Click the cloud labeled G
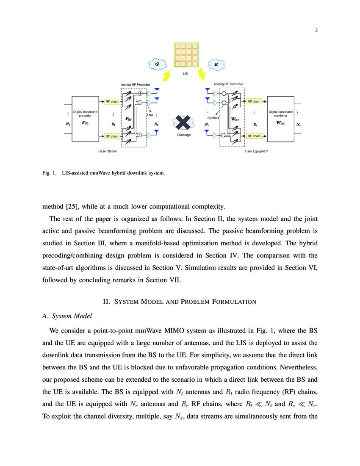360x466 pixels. (157, 64)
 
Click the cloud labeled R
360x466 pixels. (216, 64)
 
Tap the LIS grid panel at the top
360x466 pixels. (185, 55)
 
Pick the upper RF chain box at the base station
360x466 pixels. (112, 102)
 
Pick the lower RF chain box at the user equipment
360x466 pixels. (254, 136)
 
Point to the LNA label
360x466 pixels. (150, 115)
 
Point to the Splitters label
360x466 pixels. (213, 118)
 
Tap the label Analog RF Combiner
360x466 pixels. (228, 84)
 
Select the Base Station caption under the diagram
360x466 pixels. (108, 151)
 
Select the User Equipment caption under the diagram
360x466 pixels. (257, 151)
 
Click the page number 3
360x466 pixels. (316, 29)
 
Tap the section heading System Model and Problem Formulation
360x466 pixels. (180, 302)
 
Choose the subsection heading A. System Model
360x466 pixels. (67, 316)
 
